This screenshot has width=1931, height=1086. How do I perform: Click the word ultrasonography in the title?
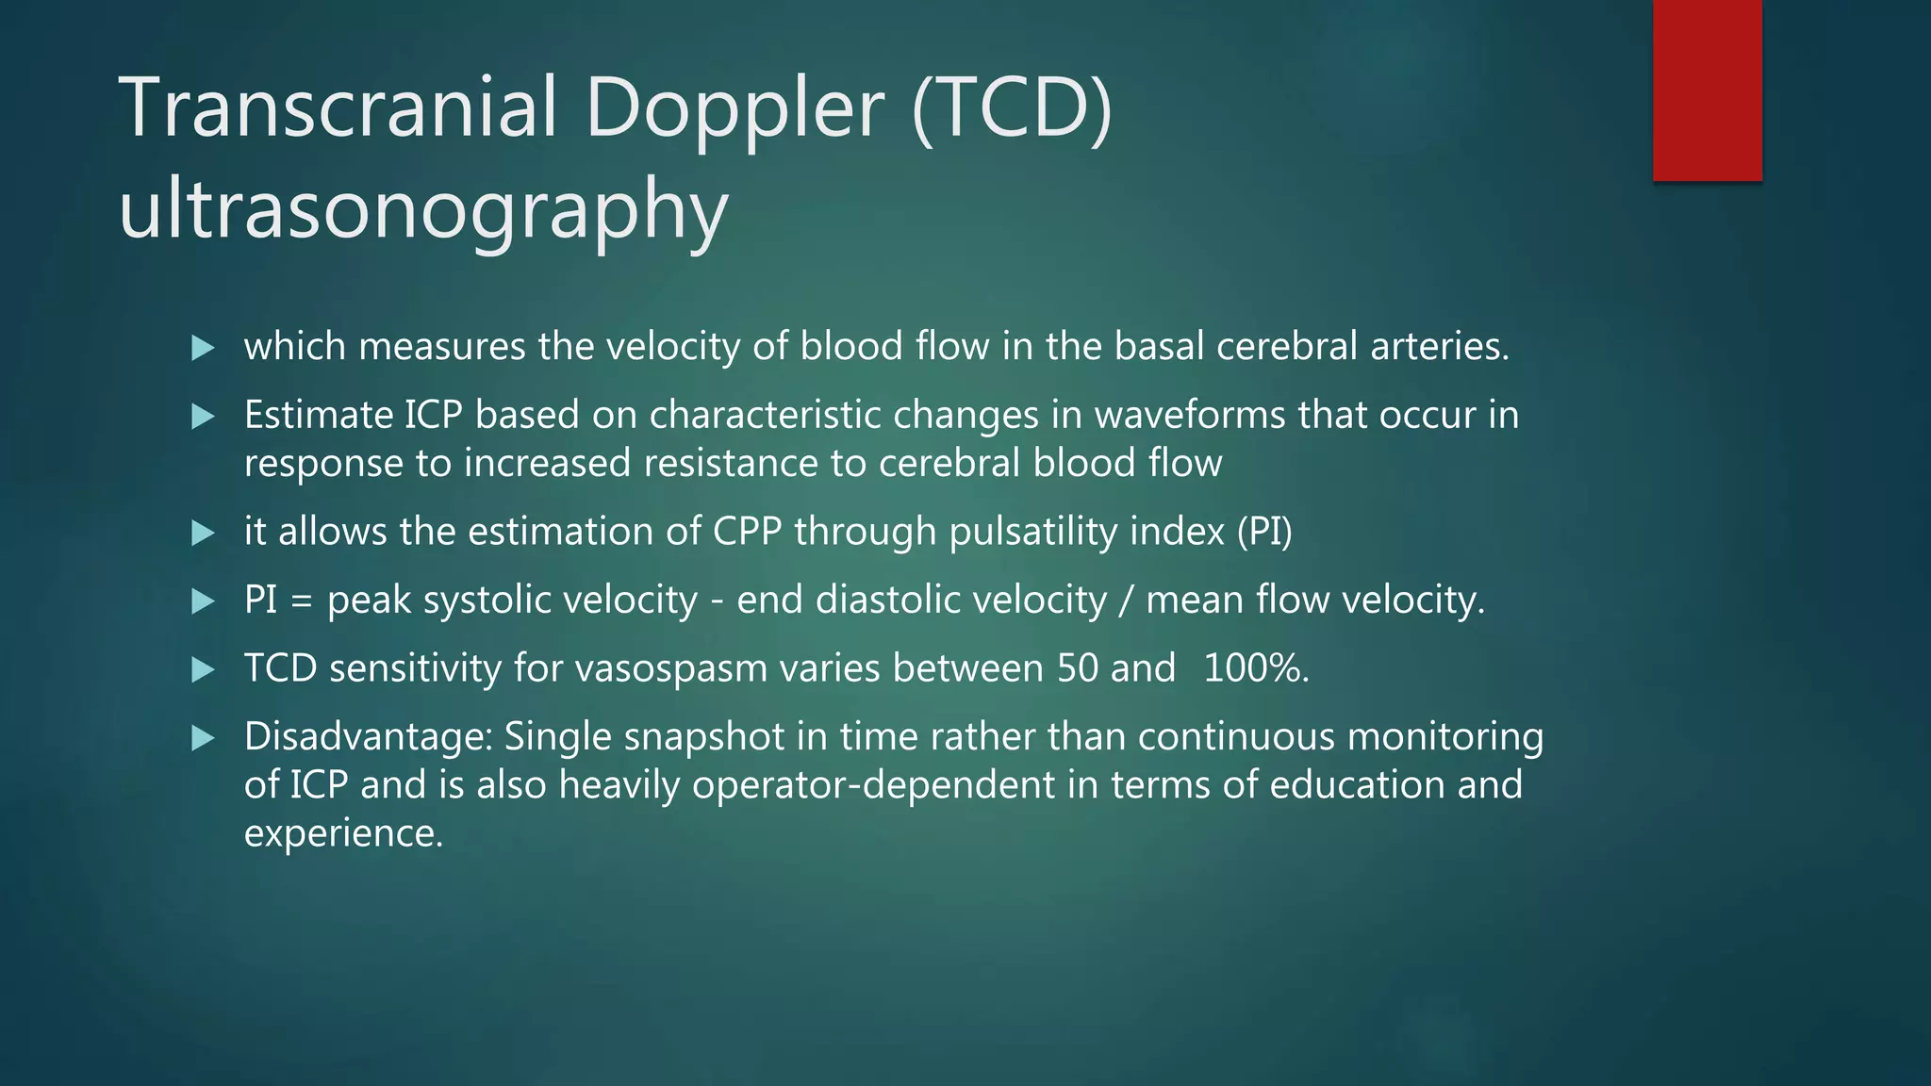(x=423, y=209)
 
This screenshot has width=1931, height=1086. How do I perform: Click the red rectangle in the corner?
(x=1707, y=90)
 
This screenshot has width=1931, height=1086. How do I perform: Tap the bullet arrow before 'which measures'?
(x=203, y=348)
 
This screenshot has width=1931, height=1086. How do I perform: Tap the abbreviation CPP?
(x=747, y=532)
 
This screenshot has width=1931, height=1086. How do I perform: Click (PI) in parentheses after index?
(x=1264, y=532)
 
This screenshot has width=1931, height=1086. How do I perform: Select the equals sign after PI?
(x=302, y=601)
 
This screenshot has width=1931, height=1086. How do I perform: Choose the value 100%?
(x=1255, y=668)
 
